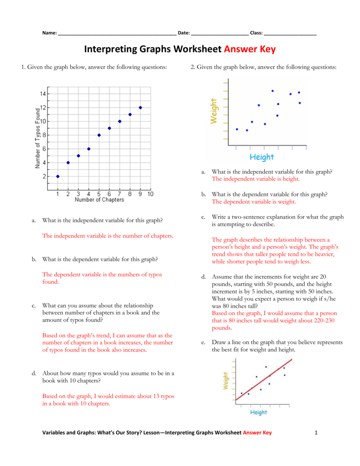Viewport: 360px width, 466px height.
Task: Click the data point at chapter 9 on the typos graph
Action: (x=140, y=107)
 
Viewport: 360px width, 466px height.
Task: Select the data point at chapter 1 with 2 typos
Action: (x=57, y=176)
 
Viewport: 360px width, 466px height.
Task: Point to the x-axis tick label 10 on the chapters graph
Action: (x=150, y=194)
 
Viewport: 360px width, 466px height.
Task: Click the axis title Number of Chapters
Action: (x=99, y=200)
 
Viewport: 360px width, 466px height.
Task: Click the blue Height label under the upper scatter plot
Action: (x=262, y=157)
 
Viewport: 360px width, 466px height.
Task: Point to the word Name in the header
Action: (x=49, y=33)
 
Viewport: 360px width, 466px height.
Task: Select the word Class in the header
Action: (x=256, y=33)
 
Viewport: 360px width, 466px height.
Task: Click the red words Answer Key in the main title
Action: (x=250, y=49)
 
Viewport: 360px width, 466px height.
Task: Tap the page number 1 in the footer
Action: (x=316, y=433)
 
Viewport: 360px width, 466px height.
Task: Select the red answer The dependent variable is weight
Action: (x=254, y=202)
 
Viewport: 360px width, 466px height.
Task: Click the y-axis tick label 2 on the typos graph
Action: (x=43, y=176)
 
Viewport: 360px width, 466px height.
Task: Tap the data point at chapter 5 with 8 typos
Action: (x=99, y=135)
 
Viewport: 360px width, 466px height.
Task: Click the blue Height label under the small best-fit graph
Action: (x=259, y=412)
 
